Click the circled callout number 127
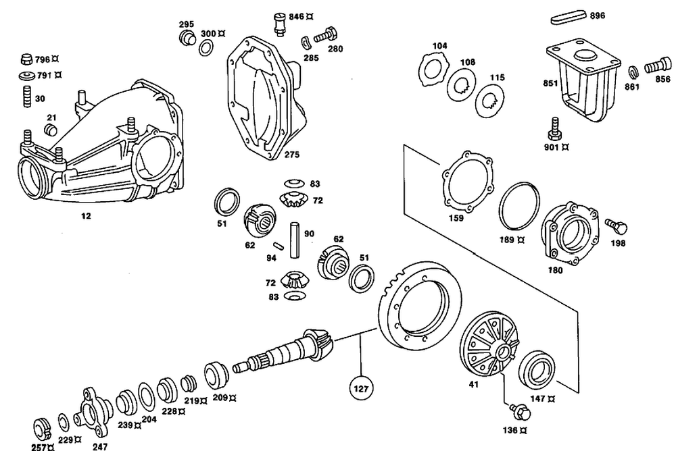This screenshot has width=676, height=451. coord(361,388)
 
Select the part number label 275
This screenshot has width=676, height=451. coord(292,154)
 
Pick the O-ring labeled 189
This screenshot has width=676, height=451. coord(519,208)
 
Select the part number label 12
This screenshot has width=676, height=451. coord(87,216)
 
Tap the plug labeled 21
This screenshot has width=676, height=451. coord(51,129)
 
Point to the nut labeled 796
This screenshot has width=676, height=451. coord(27,59)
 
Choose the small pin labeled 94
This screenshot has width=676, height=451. coord(279,246)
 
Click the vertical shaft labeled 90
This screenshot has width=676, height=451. coord(295,240)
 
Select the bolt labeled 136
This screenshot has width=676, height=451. coord(520,413)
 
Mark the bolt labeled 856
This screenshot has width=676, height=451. coord(658,66)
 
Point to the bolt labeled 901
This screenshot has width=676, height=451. coord(555,129)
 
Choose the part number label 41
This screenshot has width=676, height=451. coord(473,385)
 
